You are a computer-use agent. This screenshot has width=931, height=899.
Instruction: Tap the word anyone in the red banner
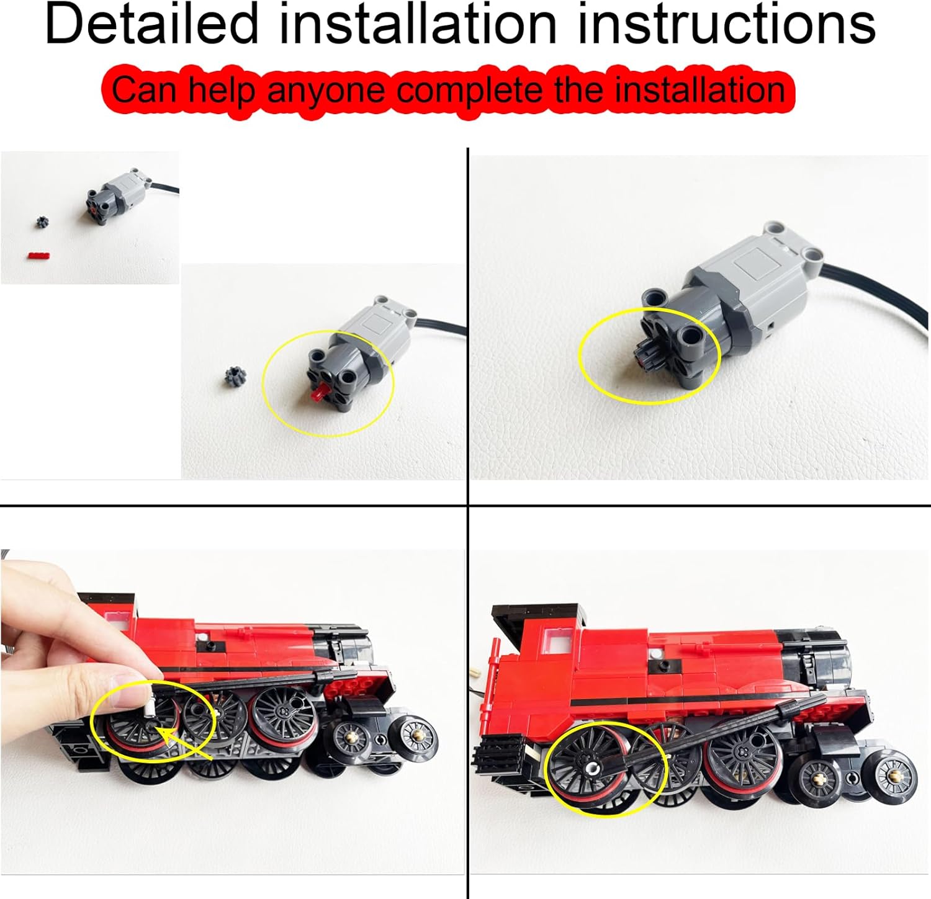(x=326, y=90)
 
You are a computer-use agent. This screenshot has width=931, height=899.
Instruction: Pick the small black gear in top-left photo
(x=42, y=222)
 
